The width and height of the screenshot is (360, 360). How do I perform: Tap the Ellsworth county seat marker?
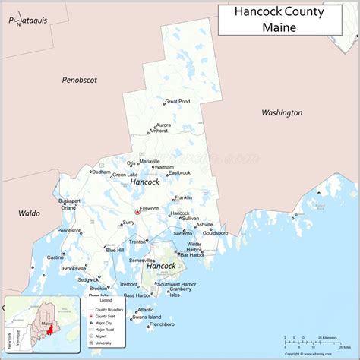(x=137, y=212)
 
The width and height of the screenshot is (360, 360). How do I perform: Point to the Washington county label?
(x=282, y=112)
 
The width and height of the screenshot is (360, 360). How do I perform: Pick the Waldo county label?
(x=28, y=214)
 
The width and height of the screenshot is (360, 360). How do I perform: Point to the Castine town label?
(x=55, y=257)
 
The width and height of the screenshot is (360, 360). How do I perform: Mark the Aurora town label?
(x=163, y=125)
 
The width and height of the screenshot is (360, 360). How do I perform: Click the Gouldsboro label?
(x=215, y=232)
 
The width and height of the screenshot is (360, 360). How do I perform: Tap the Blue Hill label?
(x=115, y=249)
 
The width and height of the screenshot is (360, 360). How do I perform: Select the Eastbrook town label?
(x=179, y=172)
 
